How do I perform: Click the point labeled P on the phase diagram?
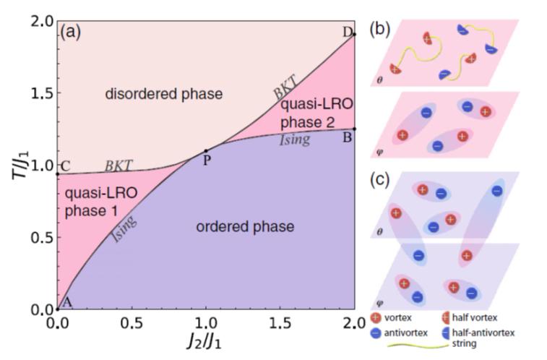[206, 150]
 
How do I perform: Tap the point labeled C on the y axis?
[57, 174]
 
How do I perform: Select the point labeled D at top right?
[354, 34]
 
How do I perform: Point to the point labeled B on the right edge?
[354, 129]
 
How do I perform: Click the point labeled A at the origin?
[57, 309]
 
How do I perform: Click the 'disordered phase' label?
[163, 94]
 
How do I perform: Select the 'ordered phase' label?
[246, 226]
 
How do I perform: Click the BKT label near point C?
[119, 166]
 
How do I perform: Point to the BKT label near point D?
[285, 91]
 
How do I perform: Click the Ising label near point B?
[296, 141]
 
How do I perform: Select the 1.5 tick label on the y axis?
[40, 94]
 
